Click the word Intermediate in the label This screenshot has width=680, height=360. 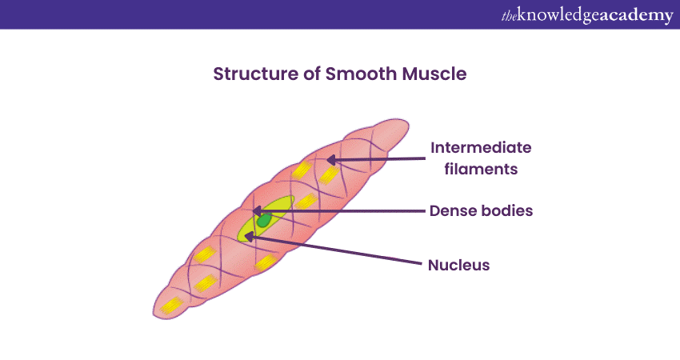[481, 148]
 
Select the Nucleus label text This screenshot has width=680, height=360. [458, 265]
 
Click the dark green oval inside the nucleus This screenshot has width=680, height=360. [263, 219]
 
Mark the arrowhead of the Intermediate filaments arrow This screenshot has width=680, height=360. [329, 160]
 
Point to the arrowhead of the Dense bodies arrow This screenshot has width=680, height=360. [256, 211]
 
